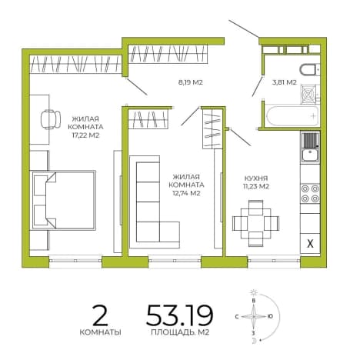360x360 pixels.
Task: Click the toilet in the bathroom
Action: pos(309,70)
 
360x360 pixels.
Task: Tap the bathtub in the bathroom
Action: pos(292,115)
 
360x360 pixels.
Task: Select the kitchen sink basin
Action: pos(310,155)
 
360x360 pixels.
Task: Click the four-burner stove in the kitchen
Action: pos(310,194)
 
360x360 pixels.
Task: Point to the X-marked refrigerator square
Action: pos(310,243)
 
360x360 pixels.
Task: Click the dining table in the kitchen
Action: pos(255,223)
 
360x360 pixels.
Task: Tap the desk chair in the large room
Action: pos(51,119)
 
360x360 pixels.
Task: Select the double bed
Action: pos(63,200)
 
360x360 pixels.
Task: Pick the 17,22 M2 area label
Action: pos(85,135)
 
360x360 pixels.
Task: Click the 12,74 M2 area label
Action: pos(186,193)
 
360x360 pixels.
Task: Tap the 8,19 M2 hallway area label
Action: pos(190,82)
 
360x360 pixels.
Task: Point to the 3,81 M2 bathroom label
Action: pos(285,82)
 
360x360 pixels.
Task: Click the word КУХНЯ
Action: pos(256,178)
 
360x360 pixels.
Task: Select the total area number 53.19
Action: pos(179,315)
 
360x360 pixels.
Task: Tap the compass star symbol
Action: pos(254,317)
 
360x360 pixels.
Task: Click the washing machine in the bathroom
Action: pos(308,94)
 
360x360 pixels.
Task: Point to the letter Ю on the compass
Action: pos(270,316)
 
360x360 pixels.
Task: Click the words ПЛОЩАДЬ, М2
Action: pos(180,332)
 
